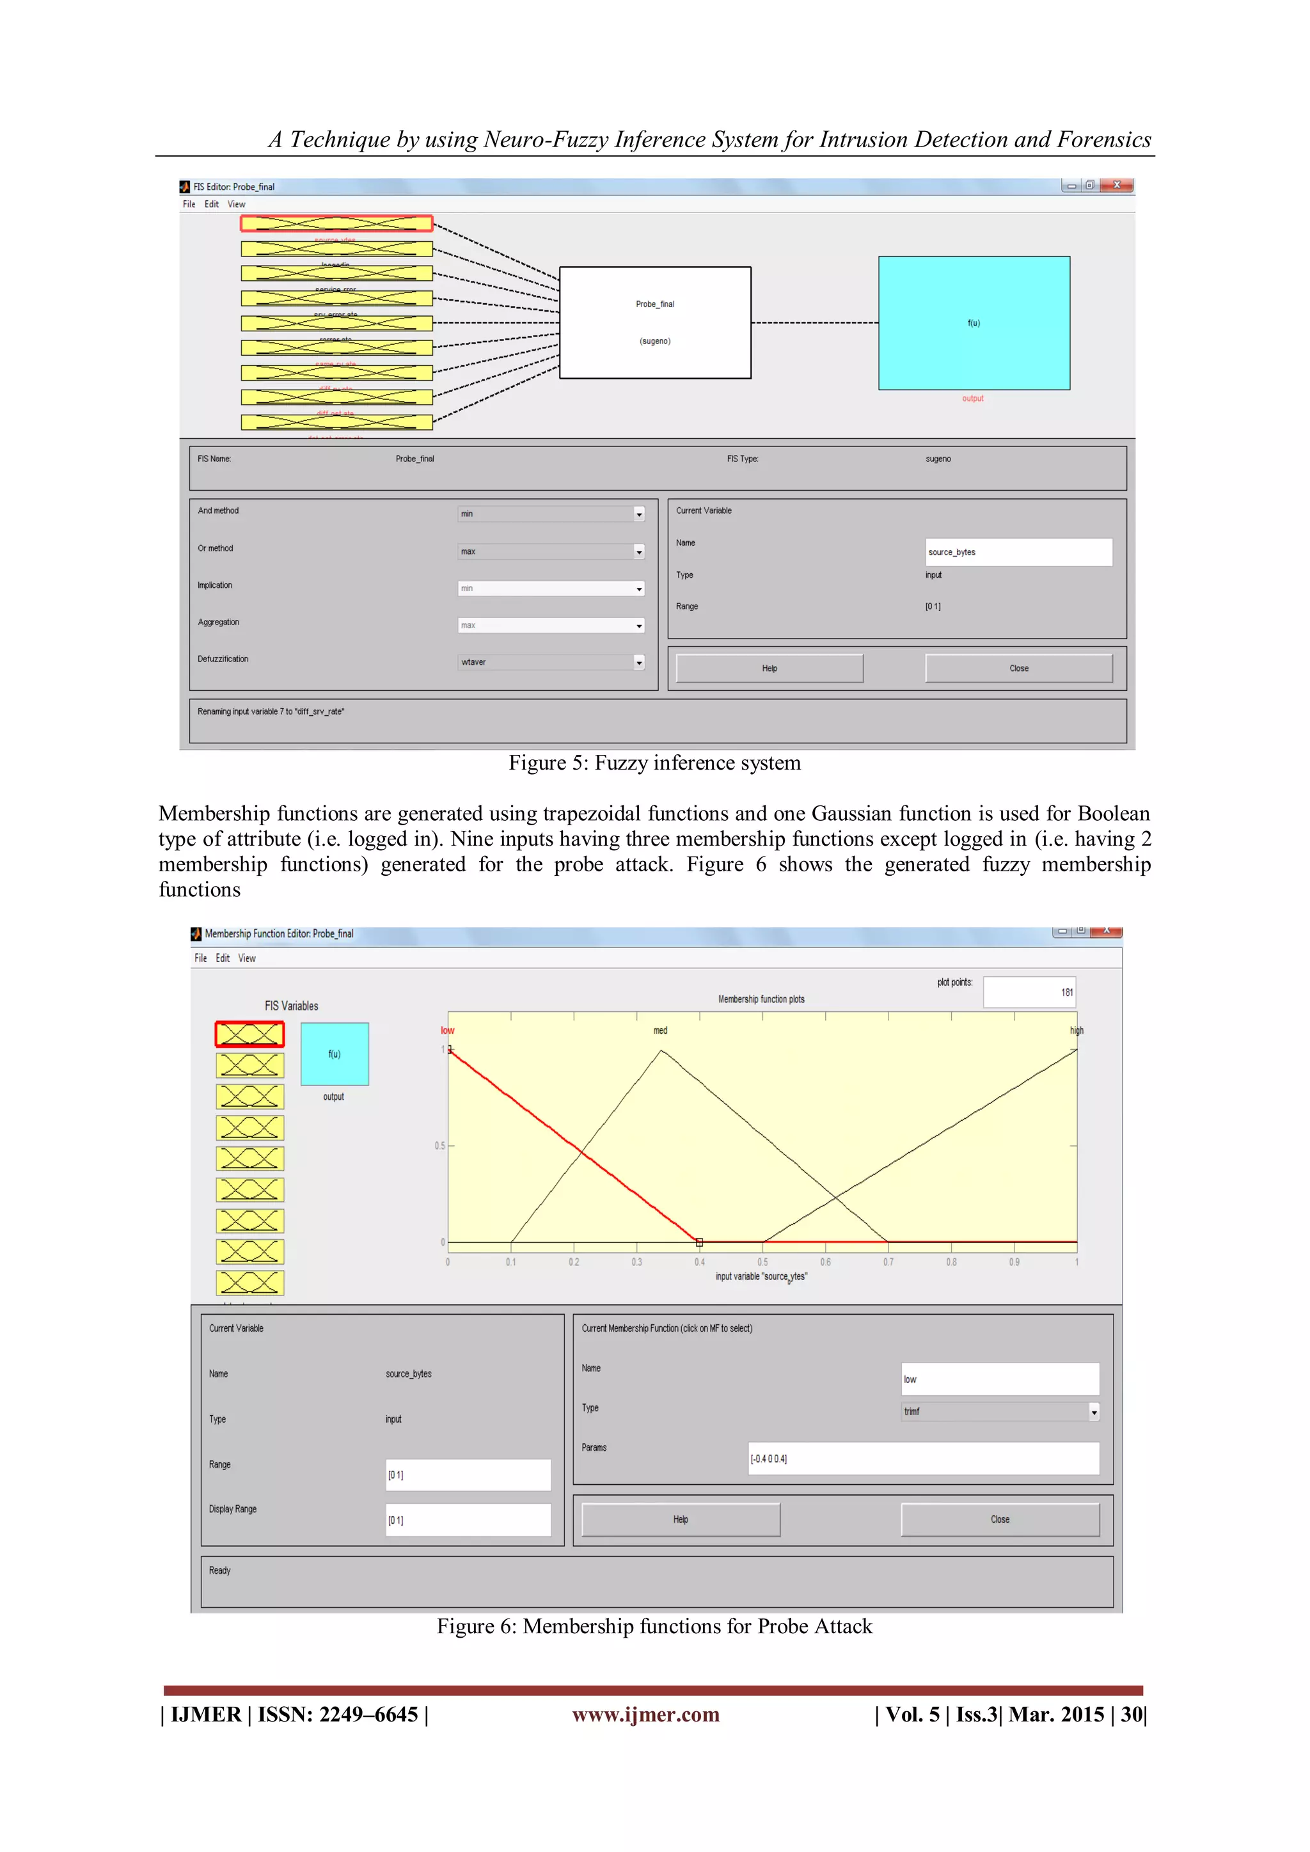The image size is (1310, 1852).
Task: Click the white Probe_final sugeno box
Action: pyautogui.click(x=655, y=322)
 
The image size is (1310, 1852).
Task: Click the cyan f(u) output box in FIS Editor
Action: pyautogui.click(x=974, y=322)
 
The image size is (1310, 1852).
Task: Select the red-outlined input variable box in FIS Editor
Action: pyautogui.click(x=336, y=223)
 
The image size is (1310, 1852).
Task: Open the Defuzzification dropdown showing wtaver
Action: pyautogui.click(x=551, y=662)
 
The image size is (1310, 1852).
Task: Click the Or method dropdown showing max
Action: pyautogui.click(x=551, y=551)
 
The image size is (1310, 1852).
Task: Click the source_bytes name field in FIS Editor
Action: pyautogui.click(x=1018, y=553)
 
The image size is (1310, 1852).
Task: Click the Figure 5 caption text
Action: pyautogui.click(x=654, y=763)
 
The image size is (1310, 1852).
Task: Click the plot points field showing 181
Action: pyautogui.click(x=1029, y=992)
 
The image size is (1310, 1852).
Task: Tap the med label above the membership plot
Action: pyautogui.click(x=660, y=1031)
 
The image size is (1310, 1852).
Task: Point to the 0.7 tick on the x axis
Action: pyautogui.click(x=888, y=1262)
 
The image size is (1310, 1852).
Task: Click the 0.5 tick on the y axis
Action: pyautogui.click(x=439, y=1145)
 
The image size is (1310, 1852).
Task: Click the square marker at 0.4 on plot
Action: pyautogui.click(x=699, y=1242)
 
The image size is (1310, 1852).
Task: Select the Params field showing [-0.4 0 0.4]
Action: pyautogui.click(x=923, y=1459)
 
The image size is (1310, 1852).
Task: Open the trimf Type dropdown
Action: pyautogui.click(x=1000, y=1412)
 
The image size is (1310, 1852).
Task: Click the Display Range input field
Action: pyautogui.click(x=468, y=1521)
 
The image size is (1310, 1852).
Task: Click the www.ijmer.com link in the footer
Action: pyautogui.click(x=645, y=1715)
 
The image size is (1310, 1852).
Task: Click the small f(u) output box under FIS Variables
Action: pyautogui.click(x=334, y=1054)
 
